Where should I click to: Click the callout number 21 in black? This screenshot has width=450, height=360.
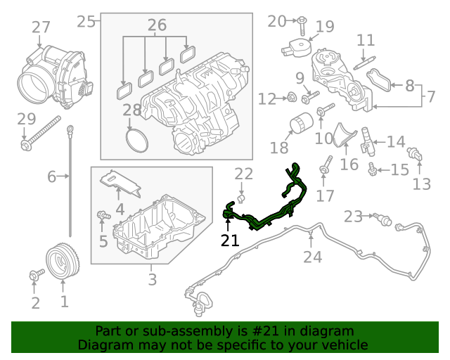(229, 240)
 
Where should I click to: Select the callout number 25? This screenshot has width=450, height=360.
(86, 21)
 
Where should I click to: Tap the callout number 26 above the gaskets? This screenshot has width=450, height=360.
(157, 25)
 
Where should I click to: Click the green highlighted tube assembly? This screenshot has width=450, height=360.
(267, 204)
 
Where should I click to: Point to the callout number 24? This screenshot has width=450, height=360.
(312, 257)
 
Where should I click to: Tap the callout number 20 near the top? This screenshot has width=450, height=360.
(277, 21)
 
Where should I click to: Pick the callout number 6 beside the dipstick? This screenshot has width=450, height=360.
(51, 176)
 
